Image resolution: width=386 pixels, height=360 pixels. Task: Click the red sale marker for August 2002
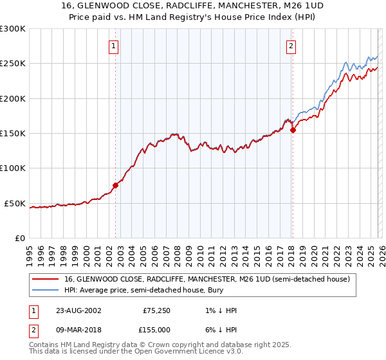tap(116, 185)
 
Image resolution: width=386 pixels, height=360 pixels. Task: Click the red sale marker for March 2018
tap(293, 130)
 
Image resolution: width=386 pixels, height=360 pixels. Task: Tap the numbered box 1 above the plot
tap(114, 46)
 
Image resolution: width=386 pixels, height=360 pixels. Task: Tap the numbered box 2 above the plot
tap(291, 46)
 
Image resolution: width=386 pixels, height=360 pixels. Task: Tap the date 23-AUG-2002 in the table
tap(78, 310)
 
